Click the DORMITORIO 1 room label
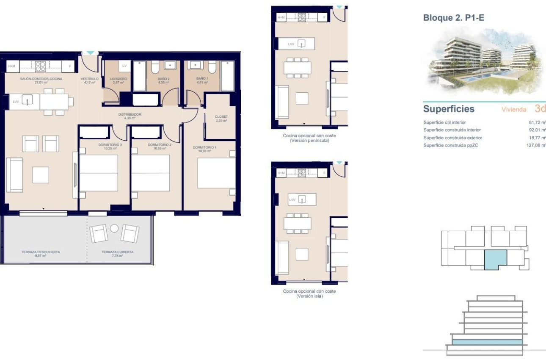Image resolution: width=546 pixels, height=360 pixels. (x=204, y=147)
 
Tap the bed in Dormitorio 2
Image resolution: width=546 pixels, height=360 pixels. (x=150, y=173)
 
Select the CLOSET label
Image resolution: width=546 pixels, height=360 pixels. (x=221, y=116)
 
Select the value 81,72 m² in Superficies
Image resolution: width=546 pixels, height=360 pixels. (x=536, y=122)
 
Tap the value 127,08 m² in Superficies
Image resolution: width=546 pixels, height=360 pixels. (x=535, y=145)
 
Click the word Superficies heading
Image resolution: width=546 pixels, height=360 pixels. (x=449, y=109)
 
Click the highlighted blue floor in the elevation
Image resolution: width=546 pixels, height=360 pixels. (x=487, y=342)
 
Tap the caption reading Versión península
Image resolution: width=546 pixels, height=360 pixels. (x=309, y=141)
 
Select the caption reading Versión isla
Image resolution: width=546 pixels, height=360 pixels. (x=309, y=296)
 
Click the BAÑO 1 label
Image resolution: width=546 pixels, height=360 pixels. (x=202, y=79)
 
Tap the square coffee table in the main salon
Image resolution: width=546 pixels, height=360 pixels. (x=41, y=175)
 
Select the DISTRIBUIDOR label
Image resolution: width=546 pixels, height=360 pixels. (x=130, y=114)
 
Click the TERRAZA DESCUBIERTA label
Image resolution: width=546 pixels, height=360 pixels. (x=41, y=252)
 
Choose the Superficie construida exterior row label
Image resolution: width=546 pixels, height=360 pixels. (x=452, y=138)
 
